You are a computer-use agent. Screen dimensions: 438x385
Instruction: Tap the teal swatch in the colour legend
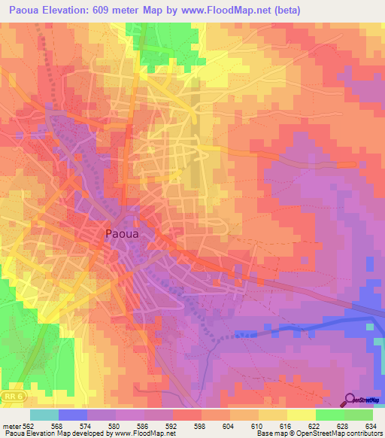[x=44, y=414]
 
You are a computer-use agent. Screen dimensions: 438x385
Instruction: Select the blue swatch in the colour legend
[x=72, y=414]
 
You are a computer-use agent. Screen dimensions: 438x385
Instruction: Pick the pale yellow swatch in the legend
[x=301, y=414]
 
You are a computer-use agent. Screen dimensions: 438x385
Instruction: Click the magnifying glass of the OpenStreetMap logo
[x=350, y=400]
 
